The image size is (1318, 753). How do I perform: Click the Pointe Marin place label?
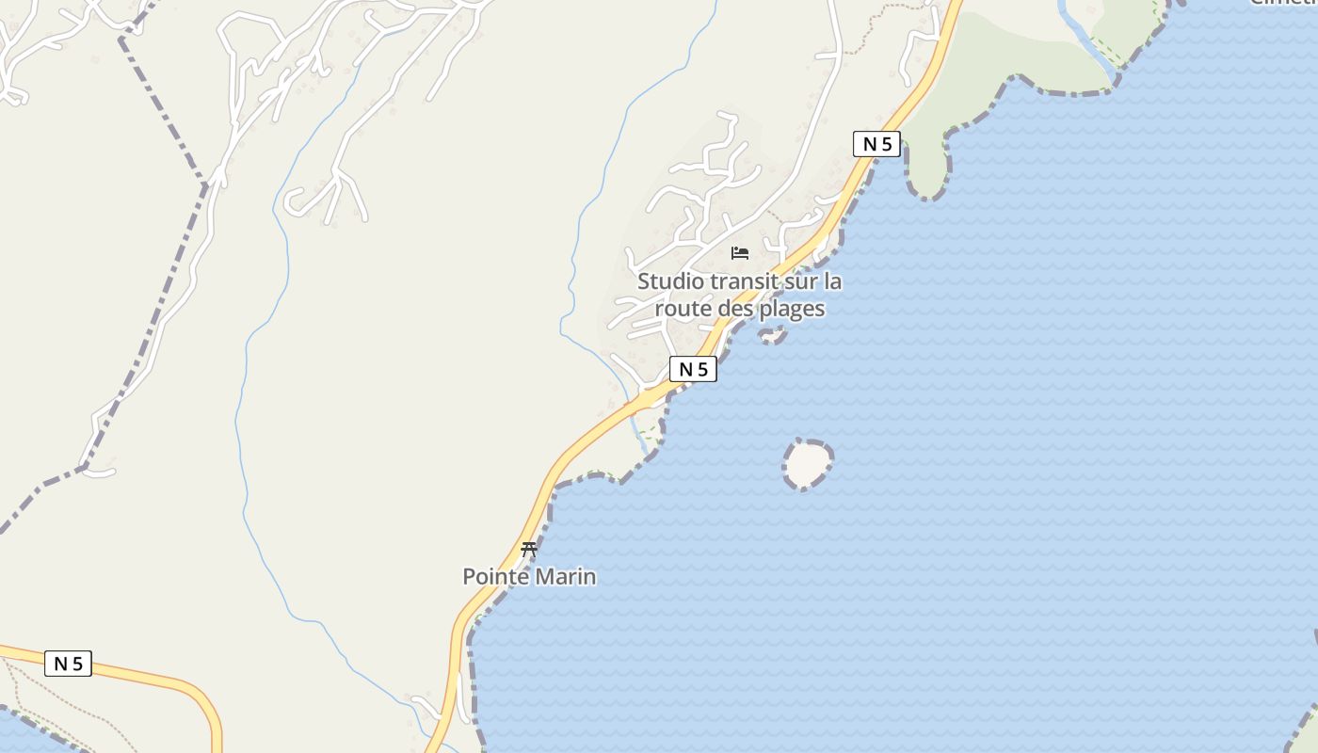click(529, 576)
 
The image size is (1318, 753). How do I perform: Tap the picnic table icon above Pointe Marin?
click(529, 549)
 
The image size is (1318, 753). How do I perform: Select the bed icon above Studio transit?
click(740, 253)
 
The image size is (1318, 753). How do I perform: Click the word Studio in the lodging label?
click(670, 281)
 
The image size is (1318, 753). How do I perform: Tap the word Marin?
click(566, 576)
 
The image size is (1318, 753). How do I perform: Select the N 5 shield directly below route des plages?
click(693, 370)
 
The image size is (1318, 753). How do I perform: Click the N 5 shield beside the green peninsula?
click(876, 144)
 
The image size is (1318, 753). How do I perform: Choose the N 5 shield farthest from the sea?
click(68, 664)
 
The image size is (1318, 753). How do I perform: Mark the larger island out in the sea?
click(808, 464)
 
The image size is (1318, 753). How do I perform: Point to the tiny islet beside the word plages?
click(773, 334)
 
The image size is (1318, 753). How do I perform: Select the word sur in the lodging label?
click(800, 281)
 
